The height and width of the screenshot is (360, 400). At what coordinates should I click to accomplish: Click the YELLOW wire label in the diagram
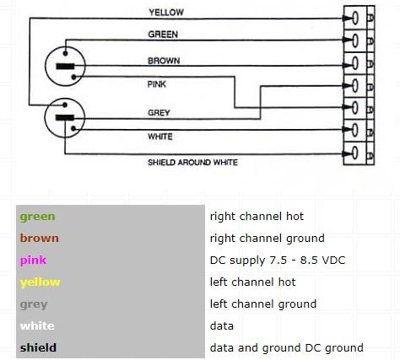[166, 13]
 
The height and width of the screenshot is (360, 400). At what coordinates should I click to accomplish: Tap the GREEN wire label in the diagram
[163, 35]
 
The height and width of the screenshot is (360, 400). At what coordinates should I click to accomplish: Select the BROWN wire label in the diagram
[164, 61]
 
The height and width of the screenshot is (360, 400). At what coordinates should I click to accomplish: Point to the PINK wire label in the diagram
[157, 84]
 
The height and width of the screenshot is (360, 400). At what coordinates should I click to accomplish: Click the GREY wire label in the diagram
[159, 113]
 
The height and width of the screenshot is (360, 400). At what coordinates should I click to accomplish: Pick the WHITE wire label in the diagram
[160, 137]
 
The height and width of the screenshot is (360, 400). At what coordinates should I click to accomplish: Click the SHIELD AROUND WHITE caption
[192, 163]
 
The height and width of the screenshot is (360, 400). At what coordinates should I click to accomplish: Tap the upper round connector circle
[65, 66]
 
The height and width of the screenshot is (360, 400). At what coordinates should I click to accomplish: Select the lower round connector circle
[65, 118]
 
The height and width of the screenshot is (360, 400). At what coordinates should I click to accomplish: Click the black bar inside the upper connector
[65, 67]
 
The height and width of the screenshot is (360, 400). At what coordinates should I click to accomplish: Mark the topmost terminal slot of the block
[355, 18]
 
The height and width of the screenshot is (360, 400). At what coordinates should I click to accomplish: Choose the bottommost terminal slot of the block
[355, 153]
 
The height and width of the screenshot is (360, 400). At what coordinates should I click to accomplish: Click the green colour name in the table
[37, 217]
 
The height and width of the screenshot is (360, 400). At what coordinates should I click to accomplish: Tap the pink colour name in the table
[33, 261]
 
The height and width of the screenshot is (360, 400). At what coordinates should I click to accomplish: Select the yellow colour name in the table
[41, 282]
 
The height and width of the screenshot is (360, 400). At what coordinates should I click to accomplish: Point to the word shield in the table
[38, 347]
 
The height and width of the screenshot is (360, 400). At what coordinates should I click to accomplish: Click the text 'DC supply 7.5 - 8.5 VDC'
[278, 261]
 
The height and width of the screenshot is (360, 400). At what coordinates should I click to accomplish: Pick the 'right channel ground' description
[268, 239]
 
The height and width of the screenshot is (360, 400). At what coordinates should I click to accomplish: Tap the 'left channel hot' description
[252, 282]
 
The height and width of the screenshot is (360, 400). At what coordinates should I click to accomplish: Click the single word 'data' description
[222, 325]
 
